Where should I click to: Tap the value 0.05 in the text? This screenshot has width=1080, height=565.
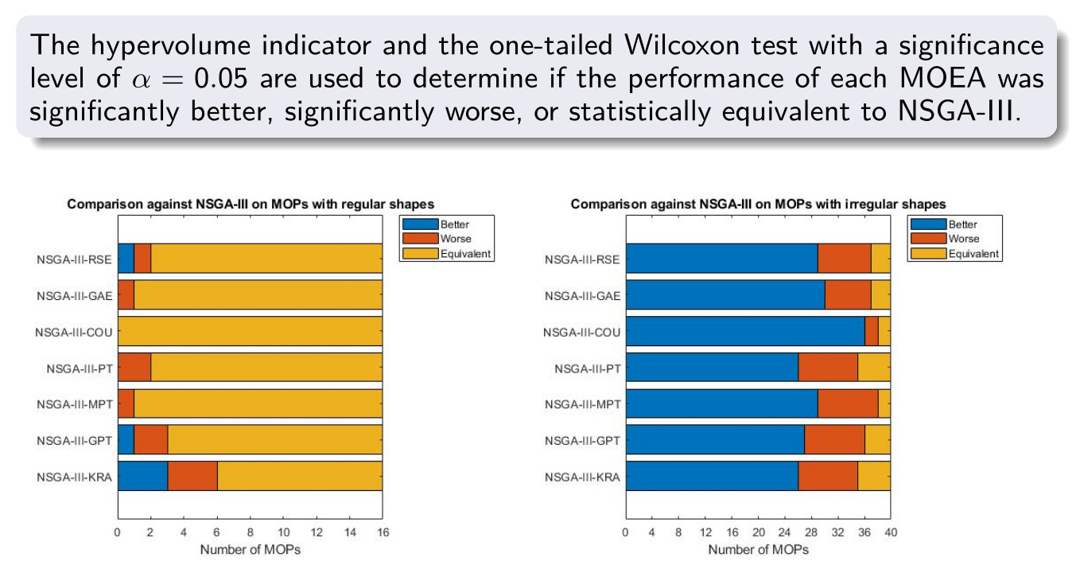[x=221, y=78]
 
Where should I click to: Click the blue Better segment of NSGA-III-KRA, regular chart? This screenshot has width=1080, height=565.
[x=142, y=476]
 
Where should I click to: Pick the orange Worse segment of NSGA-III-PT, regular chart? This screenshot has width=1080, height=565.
[x=134, y=367]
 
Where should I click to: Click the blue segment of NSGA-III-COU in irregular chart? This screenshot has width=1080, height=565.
[x=745, y=331]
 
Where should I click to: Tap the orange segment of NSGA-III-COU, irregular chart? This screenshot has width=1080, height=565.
[x=872, y=331]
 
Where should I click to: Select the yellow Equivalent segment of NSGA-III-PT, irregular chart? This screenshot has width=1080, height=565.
[x=874, y=367]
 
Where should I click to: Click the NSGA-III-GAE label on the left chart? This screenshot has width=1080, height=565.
[x=74, y=296]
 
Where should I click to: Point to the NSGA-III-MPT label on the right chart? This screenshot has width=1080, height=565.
[x=582, y=404]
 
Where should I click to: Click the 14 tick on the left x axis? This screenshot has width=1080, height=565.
[x=350, y=532]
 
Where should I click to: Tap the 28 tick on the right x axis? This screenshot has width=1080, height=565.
[x=811, y=532]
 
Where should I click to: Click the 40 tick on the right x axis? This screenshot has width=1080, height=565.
[x=891, y=532]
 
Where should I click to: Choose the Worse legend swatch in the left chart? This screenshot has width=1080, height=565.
[x=421, y=239]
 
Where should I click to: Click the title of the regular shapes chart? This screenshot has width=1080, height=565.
[x=251, y=204]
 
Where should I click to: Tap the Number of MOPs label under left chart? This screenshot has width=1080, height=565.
[x=251, y=550]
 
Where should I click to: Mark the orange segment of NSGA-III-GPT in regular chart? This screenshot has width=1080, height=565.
[x=151, y=440]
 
